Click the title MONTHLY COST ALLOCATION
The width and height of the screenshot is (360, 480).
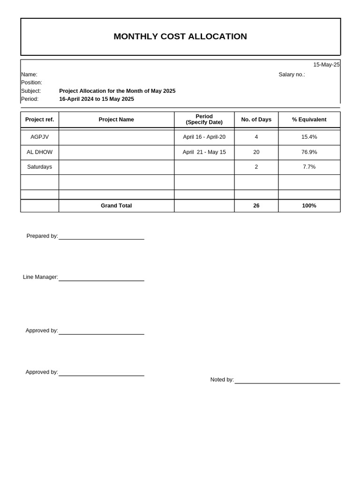click(180, 37)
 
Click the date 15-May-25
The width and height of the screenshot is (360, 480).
click(326, 65)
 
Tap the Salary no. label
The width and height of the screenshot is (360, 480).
click(292, 75)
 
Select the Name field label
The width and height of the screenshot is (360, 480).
click(29, 75)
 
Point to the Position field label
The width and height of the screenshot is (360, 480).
click(31, 82)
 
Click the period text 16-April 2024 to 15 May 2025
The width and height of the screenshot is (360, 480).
click(97, 99)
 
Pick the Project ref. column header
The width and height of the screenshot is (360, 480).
click(39, 120)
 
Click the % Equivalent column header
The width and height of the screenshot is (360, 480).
click(309, 120)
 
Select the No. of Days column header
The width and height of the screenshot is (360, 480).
click(256, 120)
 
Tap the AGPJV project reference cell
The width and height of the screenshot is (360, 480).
click(39, 137)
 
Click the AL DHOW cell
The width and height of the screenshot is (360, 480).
click(39, 152)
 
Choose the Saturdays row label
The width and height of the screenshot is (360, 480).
click(39, 167)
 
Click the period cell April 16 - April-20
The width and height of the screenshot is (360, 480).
click(204, 137)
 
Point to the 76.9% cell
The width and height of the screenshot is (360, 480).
click(309, 152)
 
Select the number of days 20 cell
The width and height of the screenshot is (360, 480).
click(256, 152)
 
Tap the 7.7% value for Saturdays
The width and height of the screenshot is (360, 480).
click(309, 167)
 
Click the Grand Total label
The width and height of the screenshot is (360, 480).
click(116, 206)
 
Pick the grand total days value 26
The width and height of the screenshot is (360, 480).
click(256, 206)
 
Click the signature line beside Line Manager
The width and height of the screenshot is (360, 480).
click(101, 280)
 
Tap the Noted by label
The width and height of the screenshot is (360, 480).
click(222, 380)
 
